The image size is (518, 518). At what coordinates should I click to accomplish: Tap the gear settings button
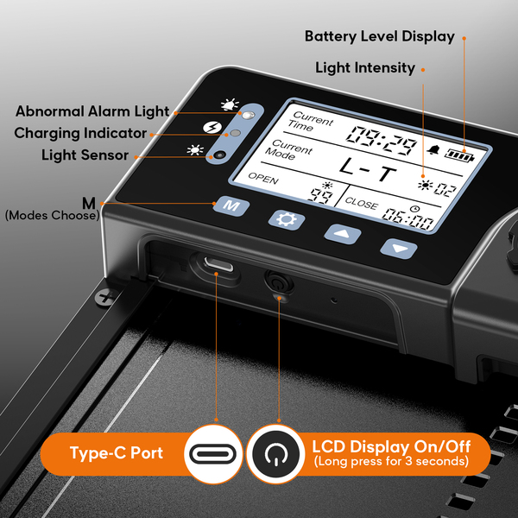click(286, 218)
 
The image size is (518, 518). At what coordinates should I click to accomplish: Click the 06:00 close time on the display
click(408, 220)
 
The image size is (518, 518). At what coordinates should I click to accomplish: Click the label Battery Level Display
click(379, 37)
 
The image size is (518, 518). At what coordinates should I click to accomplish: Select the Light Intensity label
click(365, 67)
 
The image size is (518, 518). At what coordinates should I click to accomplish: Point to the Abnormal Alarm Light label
click(92, 111)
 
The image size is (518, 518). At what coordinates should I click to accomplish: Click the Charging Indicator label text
click(80, 133)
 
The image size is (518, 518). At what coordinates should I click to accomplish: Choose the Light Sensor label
click(85, 155)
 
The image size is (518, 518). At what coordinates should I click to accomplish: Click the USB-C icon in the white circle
click(213, 452)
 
